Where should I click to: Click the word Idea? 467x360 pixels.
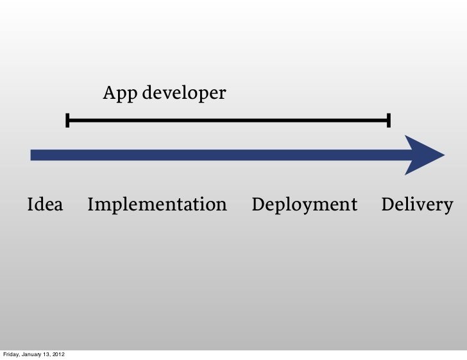[45, 205]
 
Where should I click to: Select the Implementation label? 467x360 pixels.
[157, 205]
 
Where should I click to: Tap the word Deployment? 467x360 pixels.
[305, 205]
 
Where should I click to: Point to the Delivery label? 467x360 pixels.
[417, 205]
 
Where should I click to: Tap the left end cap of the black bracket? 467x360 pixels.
[67, 120]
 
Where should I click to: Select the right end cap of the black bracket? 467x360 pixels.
[389, 120]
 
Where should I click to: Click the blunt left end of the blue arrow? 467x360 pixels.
[32, 155]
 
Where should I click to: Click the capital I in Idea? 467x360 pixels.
[30, 205]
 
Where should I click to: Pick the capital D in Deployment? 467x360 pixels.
[259, 205]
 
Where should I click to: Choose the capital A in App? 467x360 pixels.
[110, 94]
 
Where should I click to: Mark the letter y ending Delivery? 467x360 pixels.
[448, 207]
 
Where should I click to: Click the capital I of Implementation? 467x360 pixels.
[90, 205]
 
